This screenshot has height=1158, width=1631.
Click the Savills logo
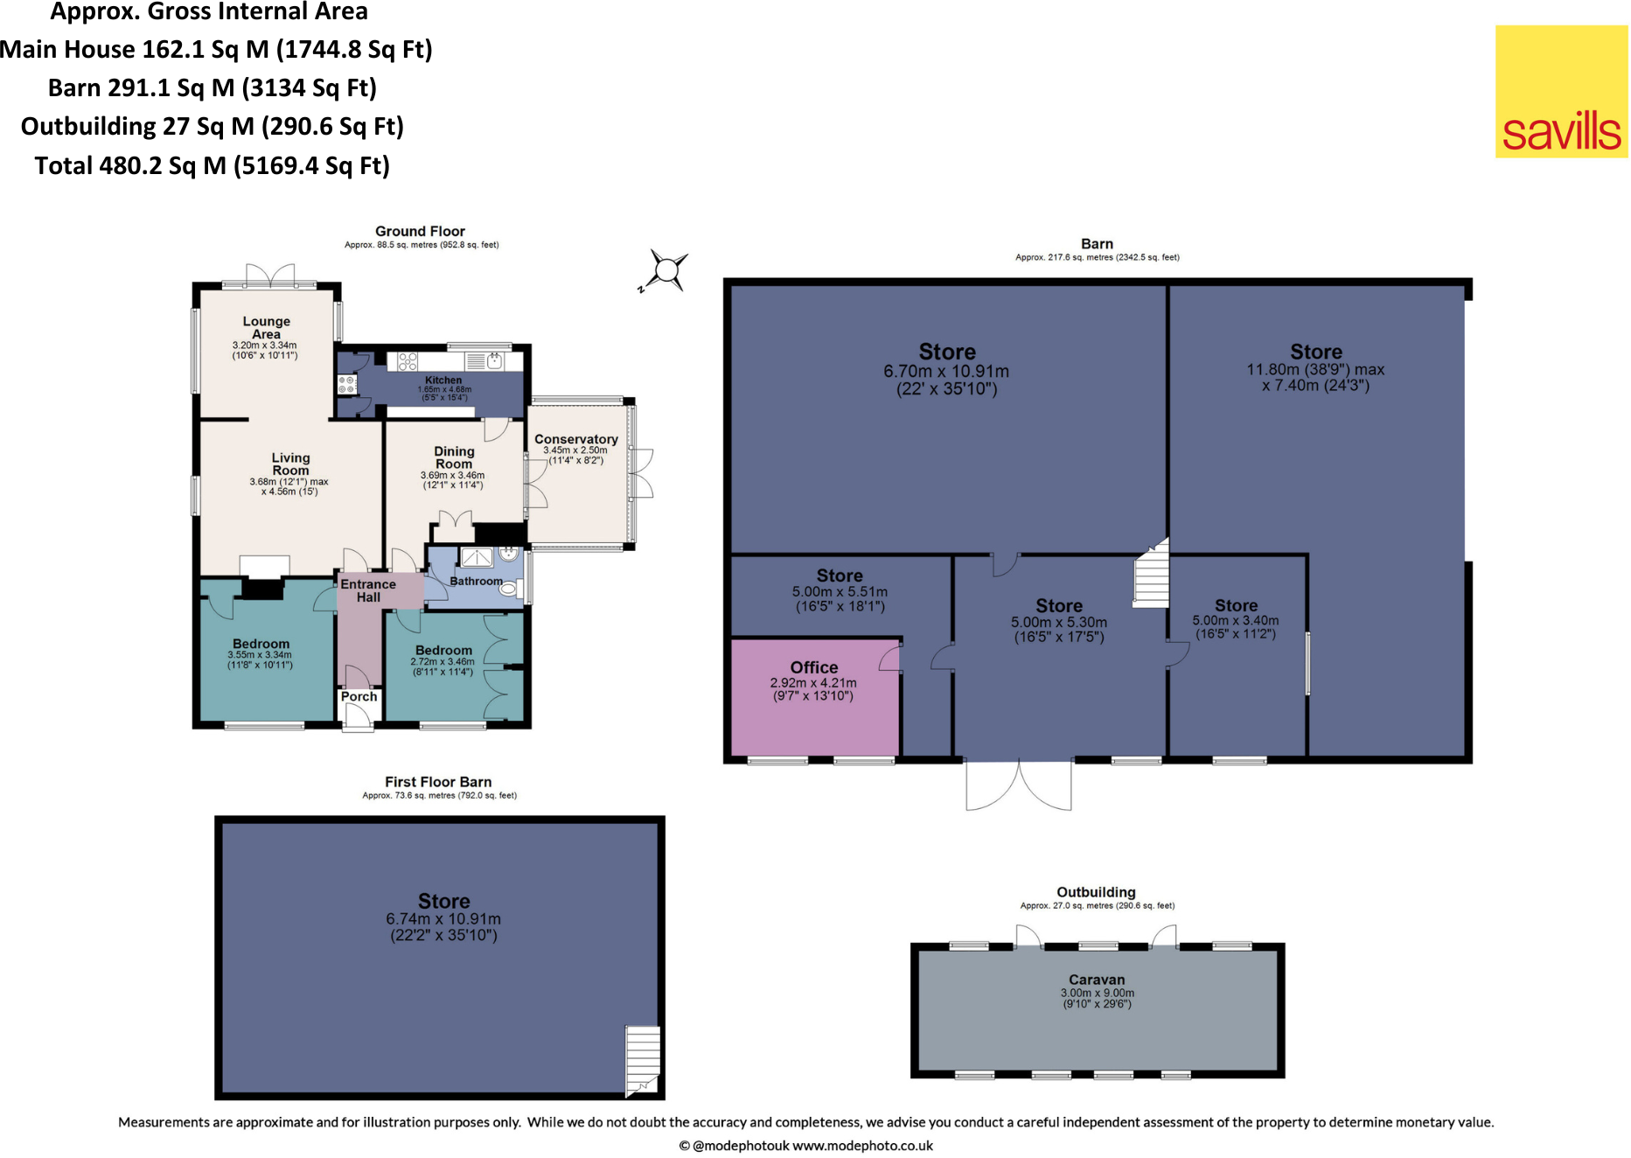point(1561,92)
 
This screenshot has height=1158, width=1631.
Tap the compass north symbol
point(666,269)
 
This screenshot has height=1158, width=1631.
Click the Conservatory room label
point(575,439)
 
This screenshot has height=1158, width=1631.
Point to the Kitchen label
point(443,380)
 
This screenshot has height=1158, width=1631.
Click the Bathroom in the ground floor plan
point(476,581)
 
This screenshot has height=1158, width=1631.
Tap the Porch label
point(359,696)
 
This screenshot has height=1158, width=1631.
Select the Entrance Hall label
point(368,590)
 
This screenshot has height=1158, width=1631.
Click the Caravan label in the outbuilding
point(1097,980)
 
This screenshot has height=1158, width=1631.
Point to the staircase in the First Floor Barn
point(643,1059)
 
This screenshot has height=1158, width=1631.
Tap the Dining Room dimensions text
point(452,480)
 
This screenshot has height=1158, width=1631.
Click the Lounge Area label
point(266,327)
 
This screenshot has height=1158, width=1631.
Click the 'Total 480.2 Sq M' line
point(213,165)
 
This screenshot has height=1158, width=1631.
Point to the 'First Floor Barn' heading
point(438,782)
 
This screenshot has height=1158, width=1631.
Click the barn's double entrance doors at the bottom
point(1019,785)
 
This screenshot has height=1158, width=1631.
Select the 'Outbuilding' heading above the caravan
point(1096,892)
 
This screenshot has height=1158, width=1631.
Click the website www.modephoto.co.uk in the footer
point(862,1146)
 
